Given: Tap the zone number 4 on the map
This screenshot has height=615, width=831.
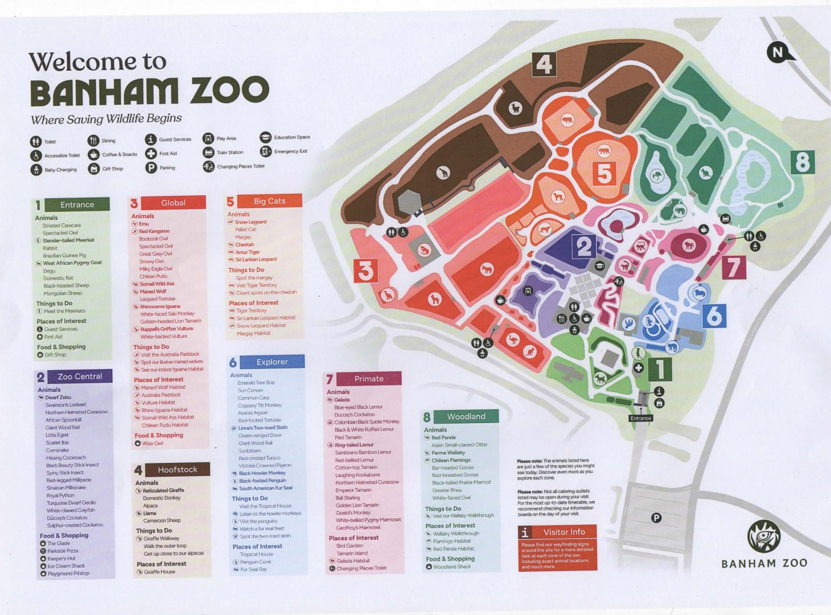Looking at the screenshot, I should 544,64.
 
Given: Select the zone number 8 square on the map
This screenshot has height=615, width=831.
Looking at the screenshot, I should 802,162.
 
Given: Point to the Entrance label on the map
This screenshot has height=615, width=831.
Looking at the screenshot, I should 640,418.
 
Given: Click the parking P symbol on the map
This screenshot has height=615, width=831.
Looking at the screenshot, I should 656,518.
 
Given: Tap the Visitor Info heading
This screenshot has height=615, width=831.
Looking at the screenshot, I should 563,532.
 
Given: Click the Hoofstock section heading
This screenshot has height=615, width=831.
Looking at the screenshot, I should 177,470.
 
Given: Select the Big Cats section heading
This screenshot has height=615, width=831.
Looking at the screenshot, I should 269,201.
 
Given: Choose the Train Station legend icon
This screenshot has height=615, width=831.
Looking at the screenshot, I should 208,152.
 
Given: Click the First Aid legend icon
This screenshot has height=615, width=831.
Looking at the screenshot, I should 150,153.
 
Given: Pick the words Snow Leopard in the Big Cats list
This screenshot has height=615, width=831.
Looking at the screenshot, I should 250,222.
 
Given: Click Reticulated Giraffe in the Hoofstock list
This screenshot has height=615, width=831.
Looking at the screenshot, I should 163,490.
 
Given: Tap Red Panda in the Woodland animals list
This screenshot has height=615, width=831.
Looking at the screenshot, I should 443,437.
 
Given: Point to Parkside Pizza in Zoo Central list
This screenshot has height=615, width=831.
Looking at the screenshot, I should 63,551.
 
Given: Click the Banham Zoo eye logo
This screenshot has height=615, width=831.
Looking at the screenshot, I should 764,537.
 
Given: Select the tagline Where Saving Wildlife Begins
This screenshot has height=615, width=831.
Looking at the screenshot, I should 106,119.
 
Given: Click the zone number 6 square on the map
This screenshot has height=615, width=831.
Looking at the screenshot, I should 714,315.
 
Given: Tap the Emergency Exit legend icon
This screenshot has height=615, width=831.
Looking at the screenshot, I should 266,151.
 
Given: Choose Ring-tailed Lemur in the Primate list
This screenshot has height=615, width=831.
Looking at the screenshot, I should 354,445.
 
